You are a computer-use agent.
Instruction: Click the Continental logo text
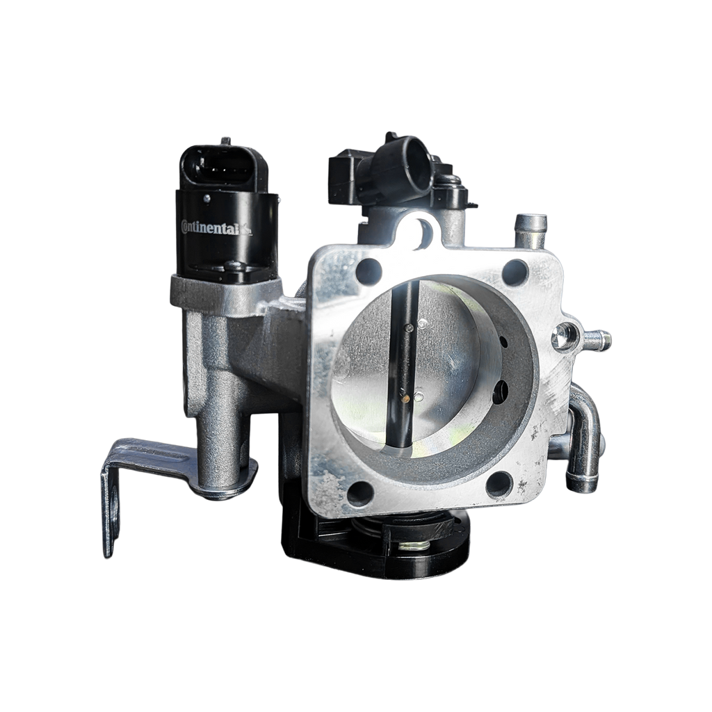click(216, 227)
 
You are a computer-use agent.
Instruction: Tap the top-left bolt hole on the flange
click(369, 272)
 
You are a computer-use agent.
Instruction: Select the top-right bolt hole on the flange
click(515, 272)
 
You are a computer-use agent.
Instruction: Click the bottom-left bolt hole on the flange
click(360, 494)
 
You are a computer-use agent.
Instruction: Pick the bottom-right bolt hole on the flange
click(499, 485)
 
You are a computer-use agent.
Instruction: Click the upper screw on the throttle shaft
click(410, 328)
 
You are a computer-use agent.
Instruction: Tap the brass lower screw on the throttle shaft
click(405, 398)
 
